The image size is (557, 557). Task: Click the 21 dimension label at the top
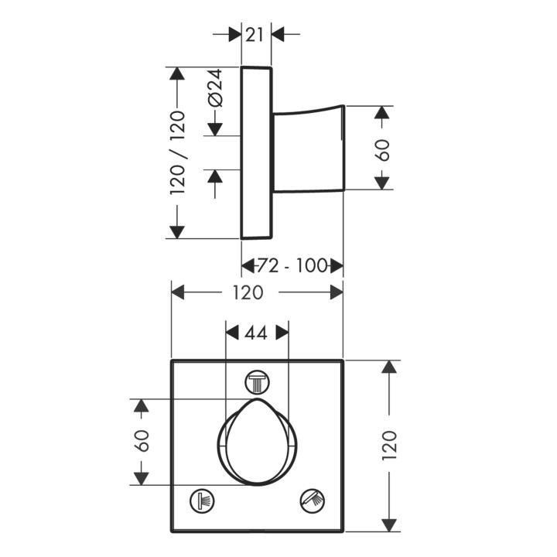coord(256,33)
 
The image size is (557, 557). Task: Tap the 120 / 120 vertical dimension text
coord(177,152)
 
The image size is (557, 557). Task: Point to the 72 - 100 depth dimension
coord(292,266)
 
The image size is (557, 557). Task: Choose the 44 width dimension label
coord(256,333)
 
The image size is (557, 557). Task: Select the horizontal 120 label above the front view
coord(248,292)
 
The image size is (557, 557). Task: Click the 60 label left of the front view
coord(141,442)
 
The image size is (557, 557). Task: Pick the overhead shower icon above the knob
coord(256,381)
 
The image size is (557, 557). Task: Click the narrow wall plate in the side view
coord(256,152)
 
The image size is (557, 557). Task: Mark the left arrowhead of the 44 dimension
coord(231,333)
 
